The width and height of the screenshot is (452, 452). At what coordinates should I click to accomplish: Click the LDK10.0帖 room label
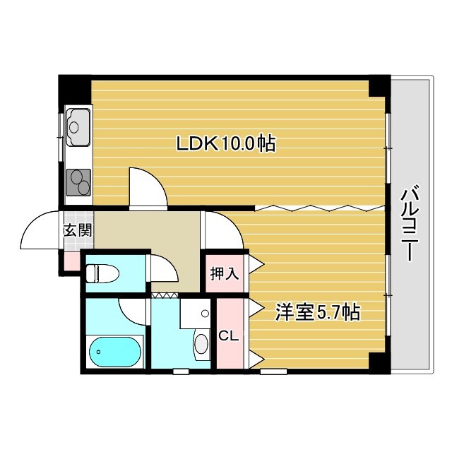tap(226, 143)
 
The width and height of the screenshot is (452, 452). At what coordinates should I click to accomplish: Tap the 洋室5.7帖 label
tap(317, 312)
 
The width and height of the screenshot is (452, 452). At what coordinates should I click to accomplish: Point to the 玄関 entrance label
tap(78, 230)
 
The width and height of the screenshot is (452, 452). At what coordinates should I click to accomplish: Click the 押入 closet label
tap(225, 273)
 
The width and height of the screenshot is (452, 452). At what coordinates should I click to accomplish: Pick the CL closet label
tap(229, 336)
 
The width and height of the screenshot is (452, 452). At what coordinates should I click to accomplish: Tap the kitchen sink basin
tap(78, 127)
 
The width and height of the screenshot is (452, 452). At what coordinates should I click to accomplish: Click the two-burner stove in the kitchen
tap(78, 182)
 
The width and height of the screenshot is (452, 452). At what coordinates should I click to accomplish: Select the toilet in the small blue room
tap(102, 273)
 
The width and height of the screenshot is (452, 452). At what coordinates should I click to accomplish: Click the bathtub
tap(114, 352)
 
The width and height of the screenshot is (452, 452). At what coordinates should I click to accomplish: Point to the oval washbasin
tap(201, 343)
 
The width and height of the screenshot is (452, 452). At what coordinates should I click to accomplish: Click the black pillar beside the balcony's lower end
tap(380, 363)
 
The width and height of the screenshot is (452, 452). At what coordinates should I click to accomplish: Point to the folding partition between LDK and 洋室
tap(320, 208)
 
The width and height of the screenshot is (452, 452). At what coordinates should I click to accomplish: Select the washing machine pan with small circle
tap(196, 314)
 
